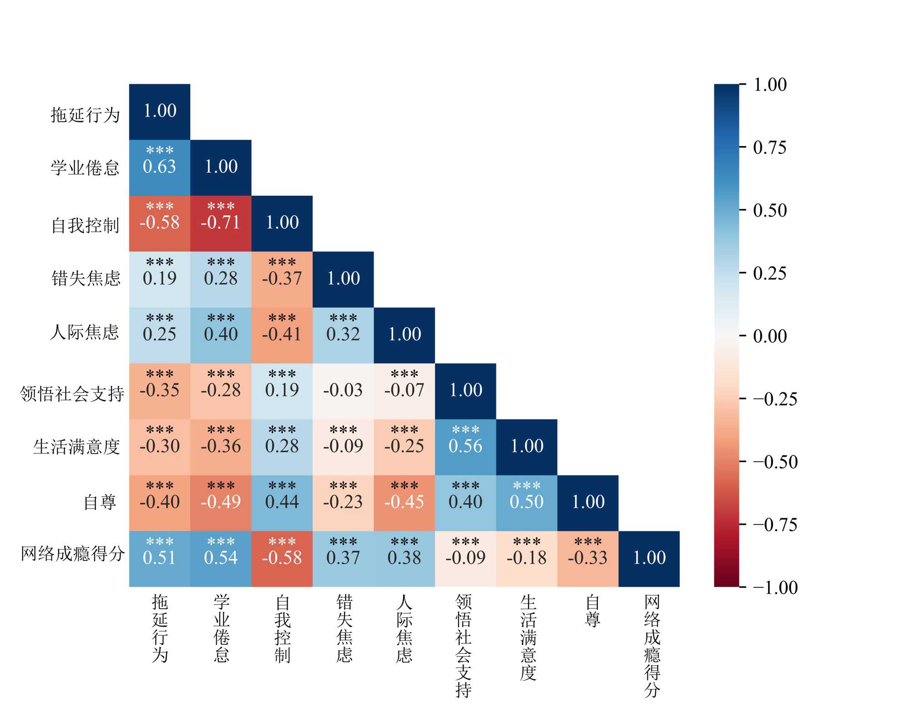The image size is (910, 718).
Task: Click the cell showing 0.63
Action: pos(159,168)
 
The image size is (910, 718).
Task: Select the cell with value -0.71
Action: pos(221,224)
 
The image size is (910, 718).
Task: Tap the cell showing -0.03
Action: pos(343,391)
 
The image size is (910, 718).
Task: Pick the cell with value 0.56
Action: pos(465,447)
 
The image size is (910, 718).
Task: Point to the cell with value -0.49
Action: pos(221,503)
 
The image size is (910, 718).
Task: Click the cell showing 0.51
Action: pos(159,559)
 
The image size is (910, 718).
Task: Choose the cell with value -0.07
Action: pos(404,391)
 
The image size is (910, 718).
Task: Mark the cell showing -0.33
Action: pos(588,559)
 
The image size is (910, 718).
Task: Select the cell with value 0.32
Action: pos(343,335)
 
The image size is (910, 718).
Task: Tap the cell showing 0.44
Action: pos(282,503)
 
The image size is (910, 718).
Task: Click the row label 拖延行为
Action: pos(85,115)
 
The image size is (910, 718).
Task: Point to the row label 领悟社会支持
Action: pos(72,394)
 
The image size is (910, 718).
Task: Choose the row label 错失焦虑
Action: pos(86,278)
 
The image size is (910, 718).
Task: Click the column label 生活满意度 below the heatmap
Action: pos(528,637)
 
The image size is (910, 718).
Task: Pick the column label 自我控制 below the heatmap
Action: pos(282,629)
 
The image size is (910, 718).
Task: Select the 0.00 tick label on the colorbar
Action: pos(769,336)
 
